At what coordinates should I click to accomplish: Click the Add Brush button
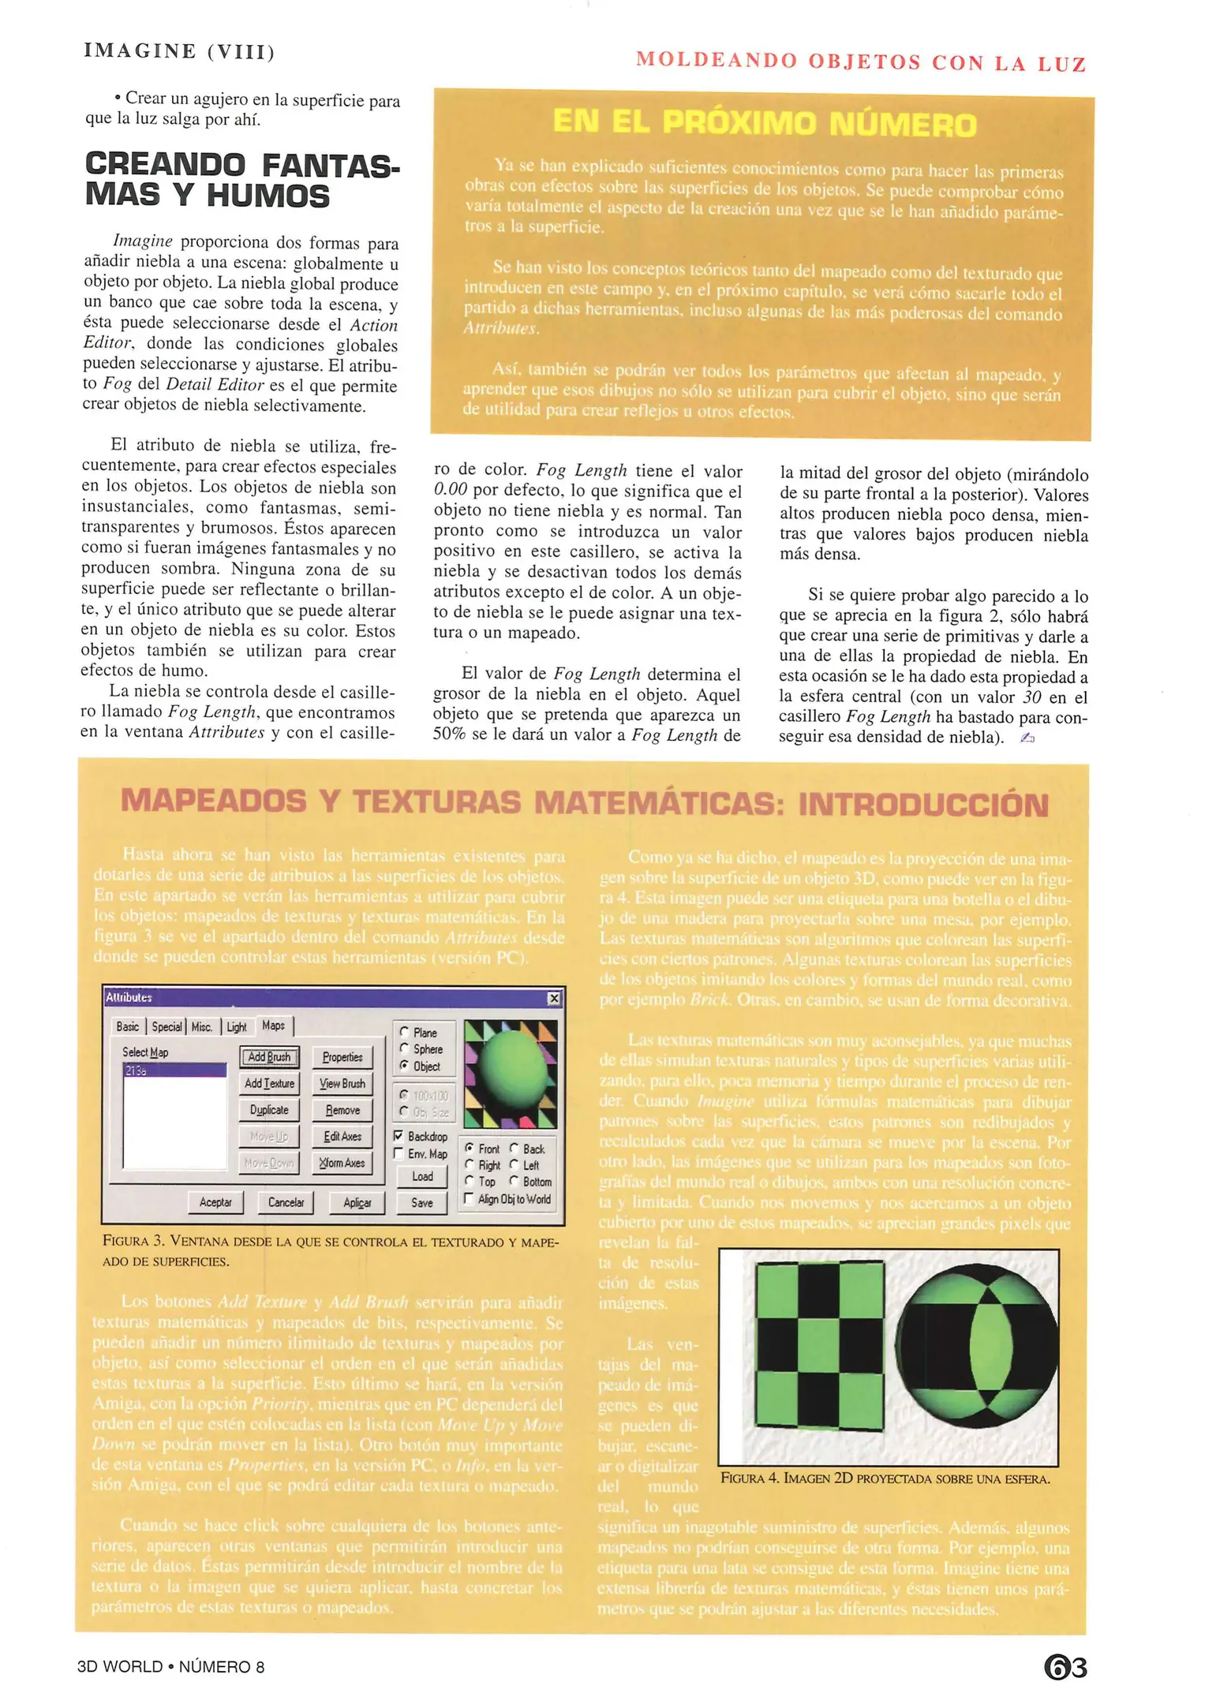[269, 1057]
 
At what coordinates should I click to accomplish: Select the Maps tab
[274, 1026]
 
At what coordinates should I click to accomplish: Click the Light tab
[237, 1026]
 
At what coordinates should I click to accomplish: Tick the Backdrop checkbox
[399, 1136]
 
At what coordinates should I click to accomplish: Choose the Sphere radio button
[406, 1049]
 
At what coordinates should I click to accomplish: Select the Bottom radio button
[514, 1182]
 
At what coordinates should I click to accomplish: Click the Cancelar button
[286, 1202]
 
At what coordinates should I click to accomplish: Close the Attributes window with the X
[554, 998]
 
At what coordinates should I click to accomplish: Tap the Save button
[421, 1202]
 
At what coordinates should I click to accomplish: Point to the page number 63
[1065, 1667]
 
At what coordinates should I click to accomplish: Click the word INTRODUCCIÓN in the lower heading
[922, 805]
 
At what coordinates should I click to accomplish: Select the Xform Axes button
[342, 1163]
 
